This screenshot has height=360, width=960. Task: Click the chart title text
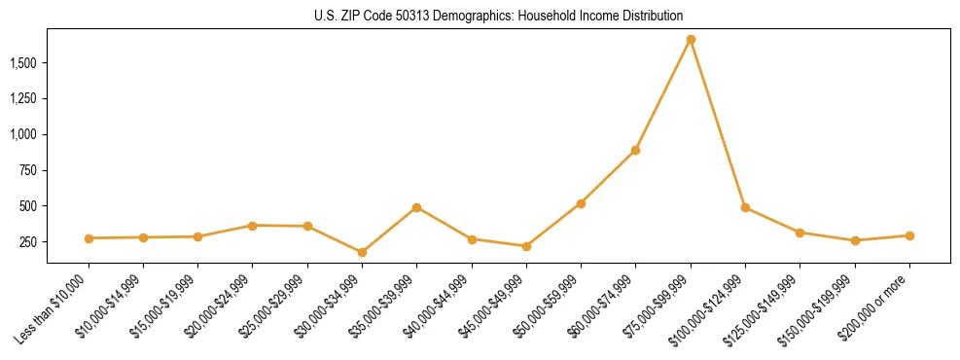(x=498, y=17)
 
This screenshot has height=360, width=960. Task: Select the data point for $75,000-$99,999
(x=691, y=40)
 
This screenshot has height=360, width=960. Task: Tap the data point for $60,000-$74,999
(x=635, y=150)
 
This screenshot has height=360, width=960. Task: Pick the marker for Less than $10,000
(x=89, y=238)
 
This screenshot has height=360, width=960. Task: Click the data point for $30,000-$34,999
(x=362, y=252)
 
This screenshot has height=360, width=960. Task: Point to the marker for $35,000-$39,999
(x=416, y=207)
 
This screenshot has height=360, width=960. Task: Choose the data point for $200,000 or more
(x=909, y=235)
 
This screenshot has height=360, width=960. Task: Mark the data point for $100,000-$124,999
(x=745, y=207)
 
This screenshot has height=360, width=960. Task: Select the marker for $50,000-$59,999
(x=581, y=203)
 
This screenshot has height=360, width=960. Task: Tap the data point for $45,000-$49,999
(x=526, y=246)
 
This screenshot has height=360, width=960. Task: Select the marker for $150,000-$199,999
(x=855, y=240)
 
